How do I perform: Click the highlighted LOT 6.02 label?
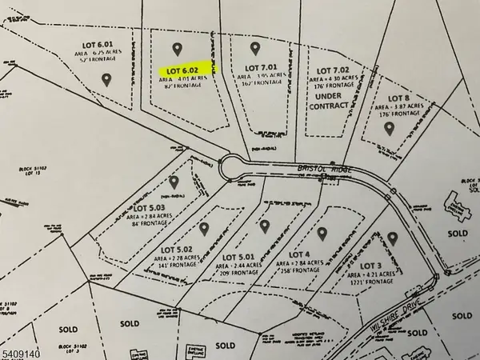coord(183,70)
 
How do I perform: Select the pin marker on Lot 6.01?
coord(107,79)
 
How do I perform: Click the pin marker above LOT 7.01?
coord(255,48)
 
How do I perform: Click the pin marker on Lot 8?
coord(390,126)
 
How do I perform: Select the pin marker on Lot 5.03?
coord(174,182)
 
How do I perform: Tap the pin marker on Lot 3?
coord(393,237)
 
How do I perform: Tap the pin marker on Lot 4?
coord(322,234)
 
